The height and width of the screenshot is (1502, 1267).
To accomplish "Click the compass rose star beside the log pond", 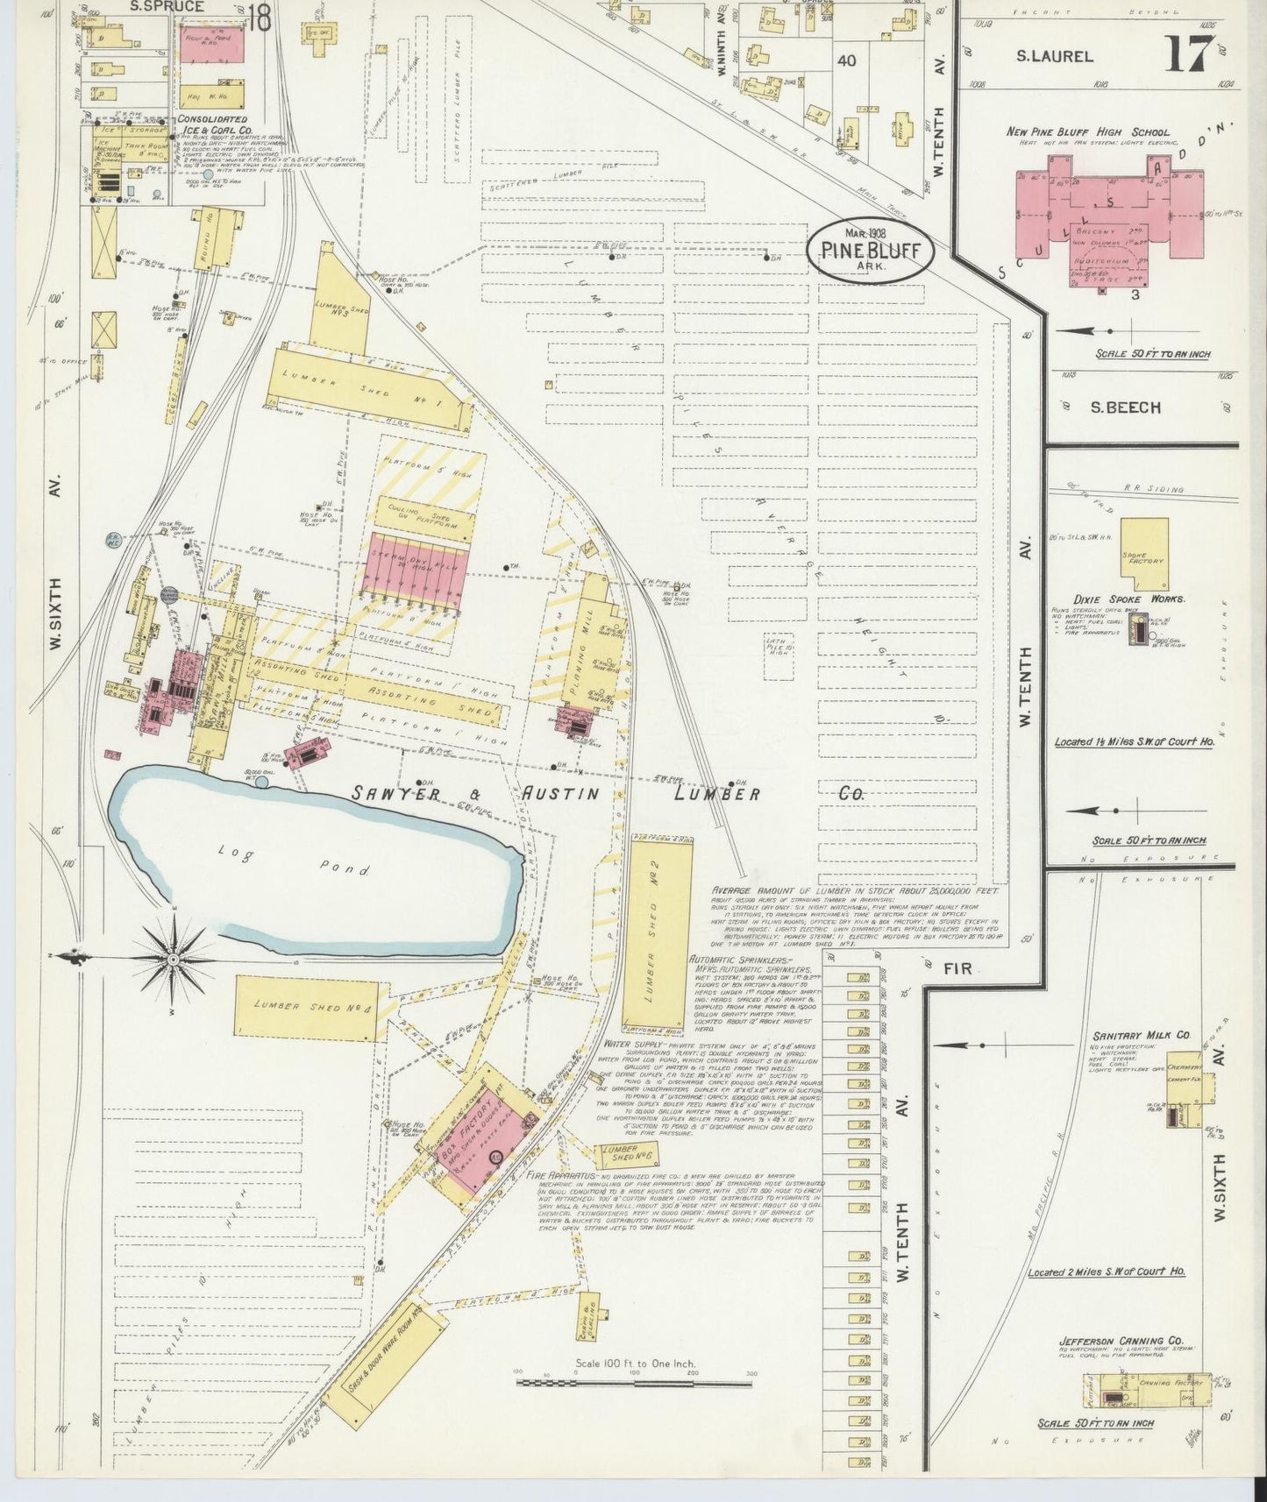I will click(x=174, y=960).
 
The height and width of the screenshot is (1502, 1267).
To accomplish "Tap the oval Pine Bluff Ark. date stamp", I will click(x=870, y=249).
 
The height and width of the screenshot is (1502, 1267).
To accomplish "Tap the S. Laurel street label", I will click(x=1054, y=56).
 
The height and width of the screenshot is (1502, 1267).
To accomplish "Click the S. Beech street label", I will click(x=1125, y=407).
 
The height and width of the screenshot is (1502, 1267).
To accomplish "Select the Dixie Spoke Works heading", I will click(x=1133, y=599).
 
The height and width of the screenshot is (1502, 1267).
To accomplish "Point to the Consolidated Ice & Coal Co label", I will click(x=211, y=125).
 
